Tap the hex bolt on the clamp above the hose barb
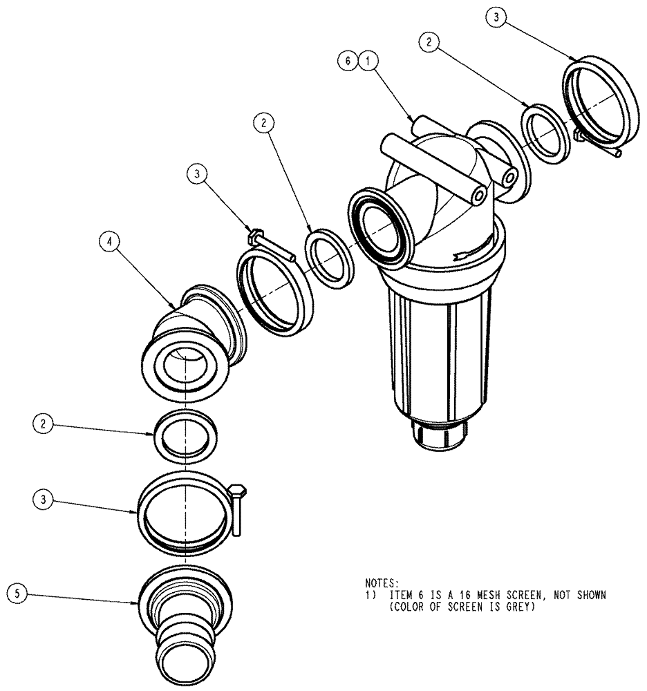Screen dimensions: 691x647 [x=238, y=508]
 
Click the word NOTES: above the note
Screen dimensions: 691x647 [x=382, y=584]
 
